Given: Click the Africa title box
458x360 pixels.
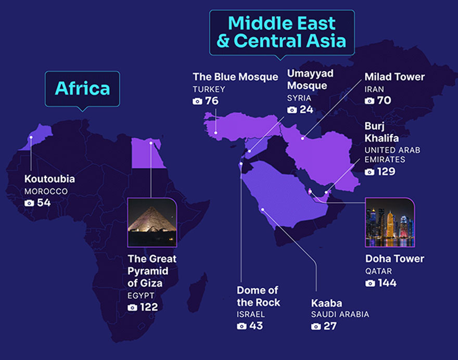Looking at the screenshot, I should click(x=82, y=88).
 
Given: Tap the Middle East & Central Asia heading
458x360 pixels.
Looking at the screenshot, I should click(x=282, y=32).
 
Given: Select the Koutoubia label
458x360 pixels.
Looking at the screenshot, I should click(x=49, y=179).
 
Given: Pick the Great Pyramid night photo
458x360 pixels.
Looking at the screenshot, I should click(x=152, y=222).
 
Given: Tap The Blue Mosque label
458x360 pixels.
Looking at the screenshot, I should click(x=235, y=77).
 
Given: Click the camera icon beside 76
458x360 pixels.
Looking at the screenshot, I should click(x=197, y=101).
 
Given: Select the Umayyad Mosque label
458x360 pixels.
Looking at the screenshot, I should click(x=310, y=80).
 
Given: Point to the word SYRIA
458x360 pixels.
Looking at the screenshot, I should click(x=299, y=98).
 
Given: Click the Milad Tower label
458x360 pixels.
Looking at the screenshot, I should click(x=395, y=77).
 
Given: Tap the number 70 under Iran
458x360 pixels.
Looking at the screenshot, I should click(x=384, y=100).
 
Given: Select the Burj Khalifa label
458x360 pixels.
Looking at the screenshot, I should click(x=381, y=132).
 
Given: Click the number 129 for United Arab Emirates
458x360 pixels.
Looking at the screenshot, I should click(x=386, y=172).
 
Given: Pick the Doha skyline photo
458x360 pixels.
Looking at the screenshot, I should click(x=389, y=222).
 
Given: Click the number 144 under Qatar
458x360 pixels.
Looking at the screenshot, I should click(x=387, y=283).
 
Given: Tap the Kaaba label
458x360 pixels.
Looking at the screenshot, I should click(x=326, y=303).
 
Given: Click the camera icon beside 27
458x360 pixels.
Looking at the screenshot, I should click(x=316, y=327).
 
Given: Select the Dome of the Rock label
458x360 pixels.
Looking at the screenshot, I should click(x=258, y=296).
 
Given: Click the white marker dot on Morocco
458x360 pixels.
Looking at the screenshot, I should click(x=31, y=138).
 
